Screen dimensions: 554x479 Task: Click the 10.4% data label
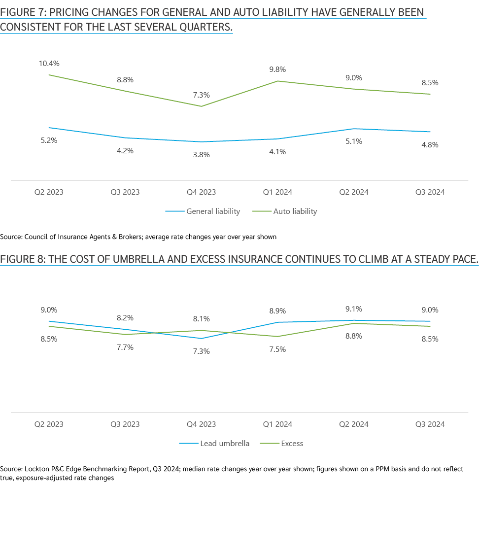pyautogui.click(x=49, y=64)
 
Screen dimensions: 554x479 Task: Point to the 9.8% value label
pyautogui.click(x=277, y=69)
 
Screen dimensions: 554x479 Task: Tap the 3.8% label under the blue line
pyautogui.click(x=201, y=154)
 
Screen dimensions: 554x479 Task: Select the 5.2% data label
pyautogui.click(x=49, y=140)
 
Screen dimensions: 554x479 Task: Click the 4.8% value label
pyautogui.click(x=430, y=145)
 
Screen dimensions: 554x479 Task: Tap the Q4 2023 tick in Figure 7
pyautogui.click(x=201, y=192)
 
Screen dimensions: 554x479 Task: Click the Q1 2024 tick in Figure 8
pyautogui.click(x=277, y=424)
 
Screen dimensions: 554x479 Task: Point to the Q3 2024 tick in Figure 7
pyautogui.click(x=430, y=192)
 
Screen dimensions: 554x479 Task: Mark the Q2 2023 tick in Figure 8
pyautogui.click(x=49, y=424)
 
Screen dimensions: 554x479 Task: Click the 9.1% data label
pyautogui.click(x=354, y=309)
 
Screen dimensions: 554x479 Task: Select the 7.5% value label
pyautogui.click(x=277, y=349)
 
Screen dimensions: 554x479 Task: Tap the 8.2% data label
pyautogui.click(x=125, y=318)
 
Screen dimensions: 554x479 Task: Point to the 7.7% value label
pyautogui.click(x=125, y=347)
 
